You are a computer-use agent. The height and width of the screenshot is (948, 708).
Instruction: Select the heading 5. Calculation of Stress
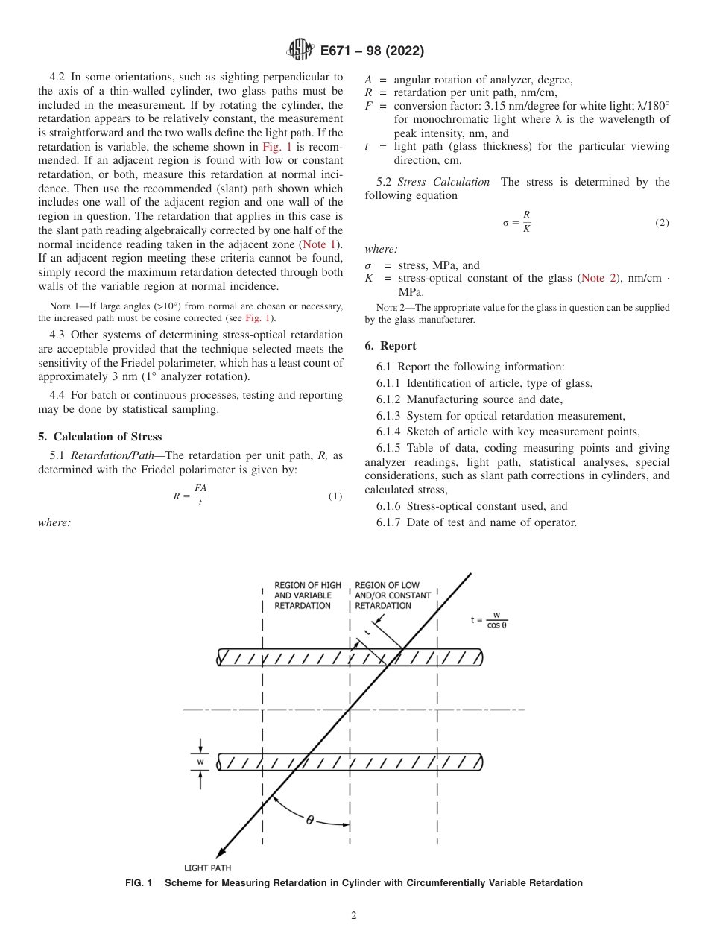tap(100, 437)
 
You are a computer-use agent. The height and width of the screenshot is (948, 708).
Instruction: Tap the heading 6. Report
tap(391, 346)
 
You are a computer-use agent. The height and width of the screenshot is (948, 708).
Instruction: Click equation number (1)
tap(335, 496)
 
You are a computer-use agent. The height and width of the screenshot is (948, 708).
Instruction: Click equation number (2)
tap(662, 223)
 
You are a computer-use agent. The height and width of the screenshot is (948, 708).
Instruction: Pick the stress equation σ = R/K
tap(516, 222)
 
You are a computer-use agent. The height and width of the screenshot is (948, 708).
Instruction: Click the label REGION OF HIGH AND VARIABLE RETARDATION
tap(307, 595)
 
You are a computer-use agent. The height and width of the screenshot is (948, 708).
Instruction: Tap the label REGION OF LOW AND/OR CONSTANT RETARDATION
tap(393, 595)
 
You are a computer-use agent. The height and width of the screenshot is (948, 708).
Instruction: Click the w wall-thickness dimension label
tap(200, 762)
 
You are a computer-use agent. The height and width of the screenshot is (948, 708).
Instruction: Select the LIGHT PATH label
tap(207, 868)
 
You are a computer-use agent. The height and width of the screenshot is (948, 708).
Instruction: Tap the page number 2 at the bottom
tap(353, 916)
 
